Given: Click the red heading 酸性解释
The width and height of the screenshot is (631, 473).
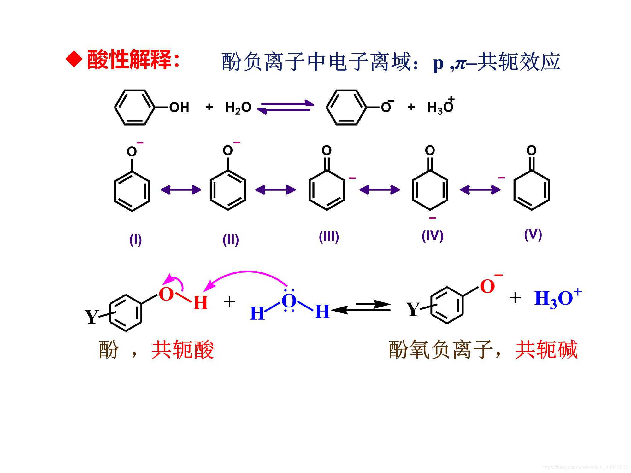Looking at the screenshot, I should (x=129, y=59).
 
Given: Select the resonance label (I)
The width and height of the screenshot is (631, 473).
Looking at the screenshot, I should (x=136, y=240).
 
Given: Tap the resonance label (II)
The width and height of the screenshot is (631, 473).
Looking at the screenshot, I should (x=231, y=240).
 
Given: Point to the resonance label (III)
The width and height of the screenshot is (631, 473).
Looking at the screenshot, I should (x=329, y=237).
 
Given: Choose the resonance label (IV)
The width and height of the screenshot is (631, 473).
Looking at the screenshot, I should (x=432, y=236).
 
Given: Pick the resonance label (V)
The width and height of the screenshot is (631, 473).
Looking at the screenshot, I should (x=533, y=234).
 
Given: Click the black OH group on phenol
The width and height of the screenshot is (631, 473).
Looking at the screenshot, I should (x=179, y=108).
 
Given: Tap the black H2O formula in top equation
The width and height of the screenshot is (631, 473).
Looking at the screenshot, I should (x=238, y=108).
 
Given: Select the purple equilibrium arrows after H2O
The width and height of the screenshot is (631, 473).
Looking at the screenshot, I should (x=286, y=107).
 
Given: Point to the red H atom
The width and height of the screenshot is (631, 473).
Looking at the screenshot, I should (x=201, y=303).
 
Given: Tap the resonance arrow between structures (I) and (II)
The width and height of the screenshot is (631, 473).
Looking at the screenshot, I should (x=181, y=190).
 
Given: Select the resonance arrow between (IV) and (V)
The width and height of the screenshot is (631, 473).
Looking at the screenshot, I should (x=480, y=190).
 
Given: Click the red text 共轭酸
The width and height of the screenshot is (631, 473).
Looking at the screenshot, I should (x=183, y=350).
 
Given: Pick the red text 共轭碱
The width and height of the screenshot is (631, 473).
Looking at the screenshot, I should (x=546, y=350).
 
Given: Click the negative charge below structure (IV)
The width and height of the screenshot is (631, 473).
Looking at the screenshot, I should (x=433, y=218).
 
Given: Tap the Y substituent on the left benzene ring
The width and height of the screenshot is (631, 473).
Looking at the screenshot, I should (x=91, y=317).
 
